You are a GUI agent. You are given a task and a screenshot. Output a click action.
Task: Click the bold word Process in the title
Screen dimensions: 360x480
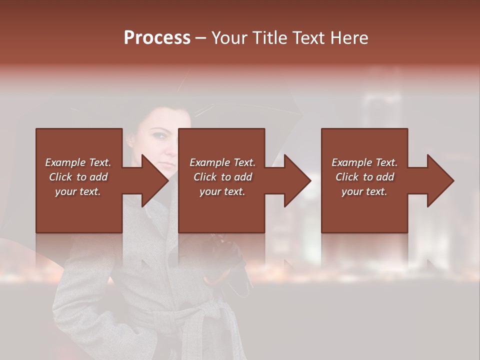(157, 38)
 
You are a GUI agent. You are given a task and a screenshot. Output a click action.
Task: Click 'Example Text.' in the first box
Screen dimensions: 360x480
(78, 162)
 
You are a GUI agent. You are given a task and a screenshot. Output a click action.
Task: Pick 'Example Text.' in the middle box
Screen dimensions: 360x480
(222, 162)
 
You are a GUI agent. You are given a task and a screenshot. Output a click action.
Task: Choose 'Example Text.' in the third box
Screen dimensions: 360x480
(364, 162)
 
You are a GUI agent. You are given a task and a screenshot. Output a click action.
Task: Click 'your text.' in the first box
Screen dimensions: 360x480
(78, 191)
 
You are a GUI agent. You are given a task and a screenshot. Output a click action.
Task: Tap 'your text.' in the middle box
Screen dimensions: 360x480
(222, 191)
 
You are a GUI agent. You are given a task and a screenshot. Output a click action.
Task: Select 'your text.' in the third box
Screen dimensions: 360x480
(364, 191)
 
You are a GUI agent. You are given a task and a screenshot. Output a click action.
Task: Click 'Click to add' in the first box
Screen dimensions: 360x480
(78, 177)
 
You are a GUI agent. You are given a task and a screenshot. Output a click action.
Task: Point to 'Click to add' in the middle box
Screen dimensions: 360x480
(222, 177)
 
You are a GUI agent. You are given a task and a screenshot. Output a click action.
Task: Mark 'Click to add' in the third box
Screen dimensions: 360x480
(364, 177)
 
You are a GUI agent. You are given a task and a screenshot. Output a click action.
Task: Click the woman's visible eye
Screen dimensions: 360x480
(159, 135)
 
